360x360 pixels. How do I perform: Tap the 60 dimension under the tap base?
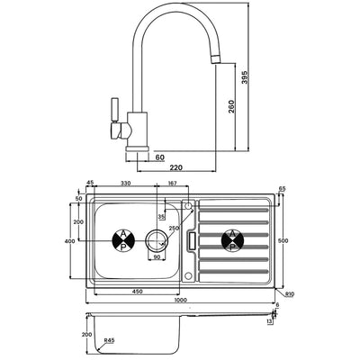[x=158, y=157]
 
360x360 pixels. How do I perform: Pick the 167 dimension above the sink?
[x=171, y=184]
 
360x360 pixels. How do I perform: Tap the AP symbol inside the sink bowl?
[x=123, y=240]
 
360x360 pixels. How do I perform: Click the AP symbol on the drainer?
[x=232, y=240]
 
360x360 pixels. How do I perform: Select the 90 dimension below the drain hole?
[x=156, y=258]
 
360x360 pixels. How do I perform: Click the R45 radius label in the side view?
[x=110, y=339]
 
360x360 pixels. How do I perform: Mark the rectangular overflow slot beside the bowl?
[x=192, y=240]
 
